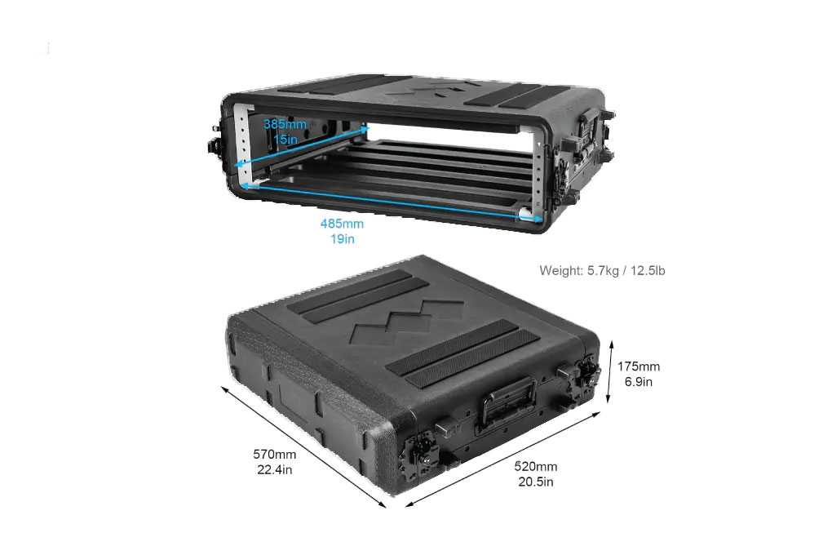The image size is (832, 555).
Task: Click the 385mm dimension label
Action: click(285, 124)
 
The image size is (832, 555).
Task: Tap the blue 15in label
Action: click(285, 139)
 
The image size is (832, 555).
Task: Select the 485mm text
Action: click(342, 224)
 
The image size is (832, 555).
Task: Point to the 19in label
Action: click(343, 239)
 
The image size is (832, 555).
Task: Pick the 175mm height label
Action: click(639, 366)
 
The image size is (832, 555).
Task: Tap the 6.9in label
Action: click(639, 382)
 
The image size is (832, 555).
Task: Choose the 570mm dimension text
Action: click(274, 454)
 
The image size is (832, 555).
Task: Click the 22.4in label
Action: click(274, 469)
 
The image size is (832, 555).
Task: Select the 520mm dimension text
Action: click(536, 466)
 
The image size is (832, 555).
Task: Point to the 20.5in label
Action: click(536, 482)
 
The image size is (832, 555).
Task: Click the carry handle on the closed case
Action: click(507, 403)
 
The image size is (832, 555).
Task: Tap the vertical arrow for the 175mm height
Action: click(611, 373)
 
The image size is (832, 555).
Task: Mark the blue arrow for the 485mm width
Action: click(392, 202)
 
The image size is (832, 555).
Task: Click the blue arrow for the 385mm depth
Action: click(301, 147)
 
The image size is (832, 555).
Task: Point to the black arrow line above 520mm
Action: click(502, 459)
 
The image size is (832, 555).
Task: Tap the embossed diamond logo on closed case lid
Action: click(408, 322)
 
